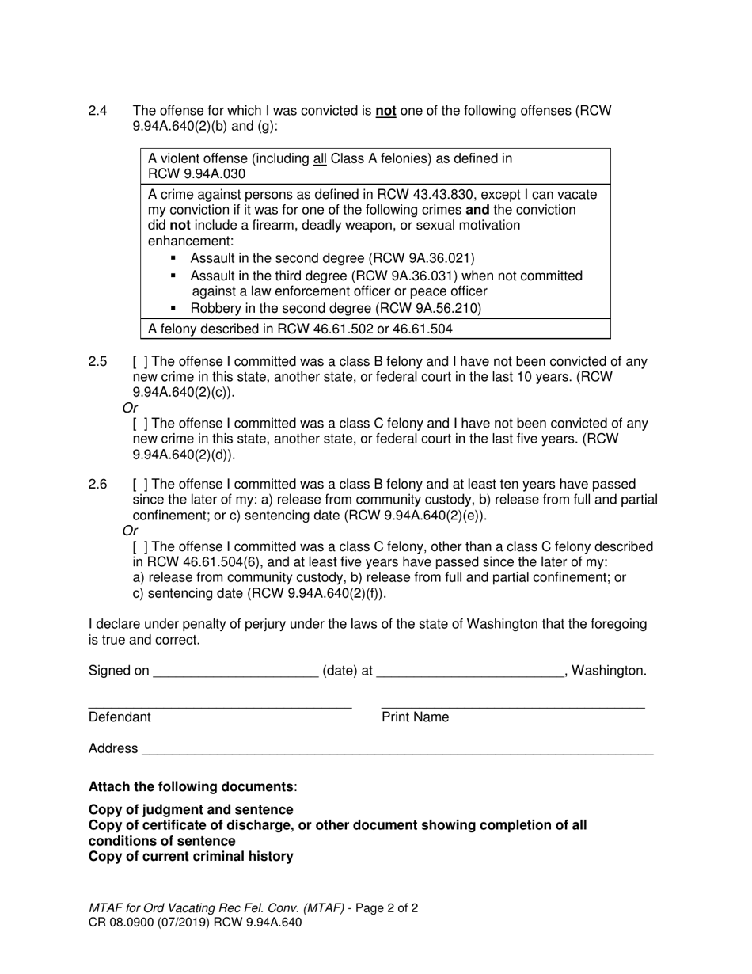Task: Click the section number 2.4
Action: point(97,112)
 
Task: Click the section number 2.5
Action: point(97,362)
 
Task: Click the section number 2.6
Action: point(97,485)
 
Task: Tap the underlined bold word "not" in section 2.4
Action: point(385,112)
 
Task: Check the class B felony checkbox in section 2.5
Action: point(140,362)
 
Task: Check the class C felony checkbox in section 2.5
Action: point(140,424)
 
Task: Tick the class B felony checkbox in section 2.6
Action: point(140,485)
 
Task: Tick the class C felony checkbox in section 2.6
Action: point(140,546)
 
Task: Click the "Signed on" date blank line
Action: point(235,672)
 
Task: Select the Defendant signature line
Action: point(219,702)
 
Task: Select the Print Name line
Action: point(512,702)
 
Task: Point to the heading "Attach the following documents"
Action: point(191,786)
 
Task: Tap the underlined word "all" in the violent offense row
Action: point(320,159)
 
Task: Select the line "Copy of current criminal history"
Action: point(191,856)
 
